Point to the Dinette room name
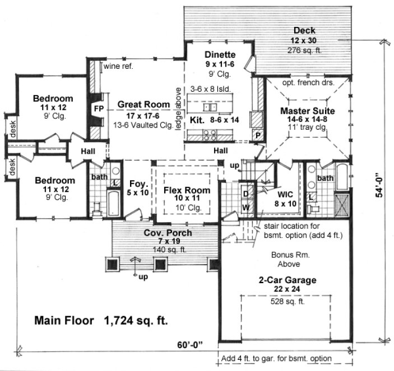(x=220, y=54)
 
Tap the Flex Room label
(x=187, y=190)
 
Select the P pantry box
(x=258, y=135)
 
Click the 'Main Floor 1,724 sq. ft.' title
(x=101, y=321)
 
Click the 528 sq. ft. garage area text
(x=284, y=302)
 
